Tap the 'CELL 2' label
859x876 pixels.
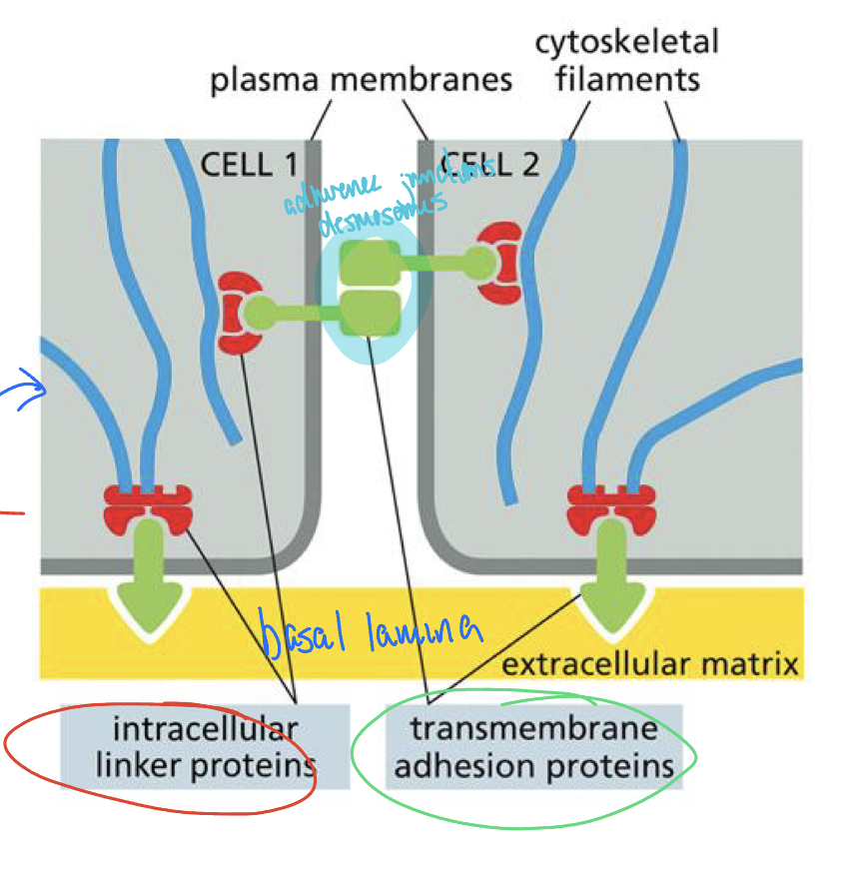(x=490, y=163)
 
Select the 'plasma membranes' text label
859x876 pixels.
(x=361, y=80)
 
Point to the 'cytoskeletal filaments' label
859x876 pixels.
(x=626, y=60)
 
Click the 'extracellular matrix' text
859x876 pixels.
(x=649, y=663)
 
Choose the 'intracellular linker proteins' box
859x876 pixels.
(x=205, y=746)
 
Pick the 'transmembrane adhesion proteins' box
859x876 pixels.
(x=533, y=746)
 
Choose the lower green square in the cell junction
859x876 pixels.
(x=371, y=312)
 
